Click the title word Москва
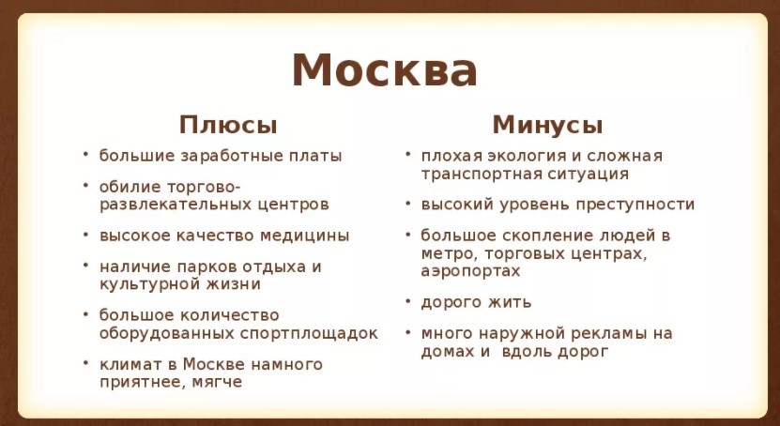click(385, 70)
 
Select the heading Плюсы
click(228, 125)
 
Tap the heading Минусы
click(547, 125)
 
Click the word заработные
click(232, 156)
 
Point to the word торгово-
click(204, 187)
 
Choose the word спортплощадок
click(309, 333)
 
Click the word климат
click(131, 365)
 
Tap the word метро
click(450, 254)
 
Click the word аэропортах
click(470, 272)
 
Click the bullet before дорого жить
click(408, 301)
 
